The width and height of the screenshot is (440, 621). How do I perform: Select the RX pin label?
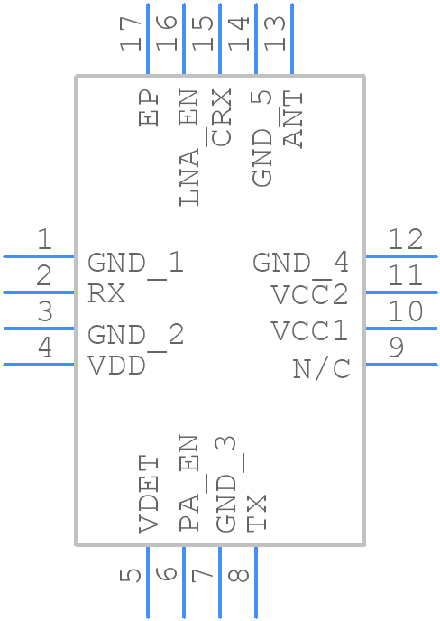(106, 294)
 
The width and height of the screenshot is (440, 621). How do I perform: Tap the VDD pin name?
(116, 366)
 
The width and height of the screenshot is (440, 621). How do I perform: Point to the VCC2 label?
(310, 294)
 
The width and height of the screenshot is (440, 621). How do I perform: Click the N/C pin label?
(321, 369)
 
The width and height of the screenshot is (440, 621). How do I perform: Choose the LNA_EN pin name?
(188, 148)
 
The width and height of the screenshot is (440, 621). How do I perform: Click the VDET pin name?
(149, 495)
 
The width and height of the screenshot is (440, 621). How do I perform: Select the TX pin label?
(257, 513)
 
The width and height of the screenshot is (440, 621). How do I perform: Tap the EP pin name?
(149, 108)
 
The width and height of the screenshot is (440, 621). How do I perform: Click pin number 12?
(405, 239)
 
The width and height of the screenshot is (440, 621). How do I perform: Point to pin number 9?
(397, 348)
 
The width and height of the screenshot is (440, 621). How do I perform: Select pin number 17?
(131, 34)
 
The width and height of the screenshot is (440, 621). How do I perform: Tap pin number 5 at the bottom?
(131, 576)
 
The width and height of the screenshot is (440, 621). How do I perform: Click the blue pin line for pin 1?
(39, 256)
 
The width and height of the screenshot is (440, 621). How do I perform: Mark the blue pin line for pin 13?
(292, 39)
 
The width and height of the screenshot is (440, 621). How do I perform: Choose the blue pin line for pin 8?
(256, 582)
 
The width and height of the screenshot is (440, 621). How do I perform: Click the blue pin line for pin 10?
(401, 329)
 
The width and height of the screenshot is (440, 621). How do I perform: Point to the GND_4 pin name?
(301, 263)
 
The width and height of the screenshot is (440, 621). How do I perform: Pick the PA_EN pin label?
(188, 483)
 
